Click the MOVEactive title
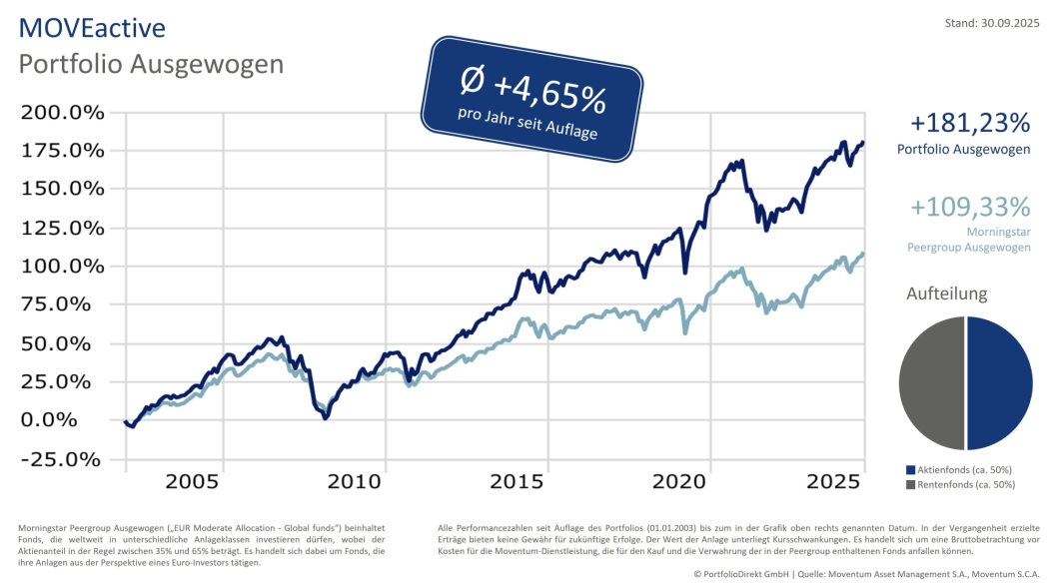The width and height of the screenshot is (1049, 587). (92, 27)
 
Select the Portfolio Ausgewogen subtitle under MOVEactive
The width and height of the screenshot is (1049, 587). (151, 64)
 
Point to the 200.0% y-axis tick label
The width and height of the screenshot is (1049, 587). (63, 112)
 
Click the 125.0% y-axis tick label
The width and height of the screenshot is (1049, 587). (63, 228)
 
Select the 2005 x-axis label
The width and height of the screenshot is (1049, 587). (192, 481)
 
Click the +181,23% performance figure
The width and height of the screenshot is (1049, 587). (969, 123)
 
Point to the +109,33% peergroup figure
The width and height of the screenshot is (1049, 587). (969, 207)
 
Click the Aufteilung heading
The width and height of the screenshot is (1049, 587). (946, 293)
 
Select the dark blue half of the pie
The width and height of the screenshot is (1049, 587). (1000, 383)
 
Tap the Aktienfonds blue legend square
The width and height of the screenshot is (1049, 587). (910, 469)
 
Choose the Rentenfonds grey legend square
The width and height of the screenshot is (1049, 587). (910, 484)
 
